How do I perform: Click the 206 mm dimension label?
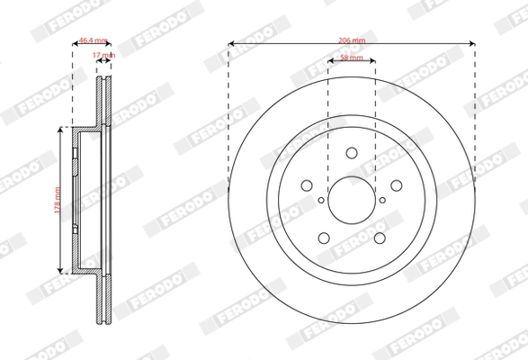[352, 40]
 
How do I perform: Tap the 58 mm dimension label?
[352, 58]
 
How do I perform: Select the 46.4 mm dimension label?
[94, 40]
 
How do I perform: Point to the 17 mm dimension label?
[104, 56]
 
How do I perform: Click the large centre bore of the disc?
[352, 200]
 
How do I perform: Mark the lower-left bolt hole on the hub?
[325, 238]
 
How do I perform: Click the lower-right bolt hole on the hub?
[378, 238]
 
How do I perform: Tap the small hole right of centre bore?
[382, 200]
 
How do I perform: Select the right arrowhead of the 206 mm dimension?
[471, 42]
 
